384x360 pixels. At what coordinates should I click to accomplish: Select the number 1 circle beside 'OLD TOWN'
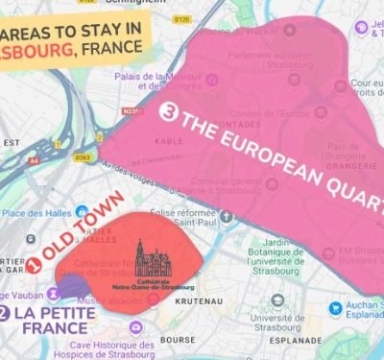tap(33, 261)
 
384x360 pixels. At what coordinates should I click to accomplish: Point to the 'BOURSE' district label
tap(178, 339)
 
